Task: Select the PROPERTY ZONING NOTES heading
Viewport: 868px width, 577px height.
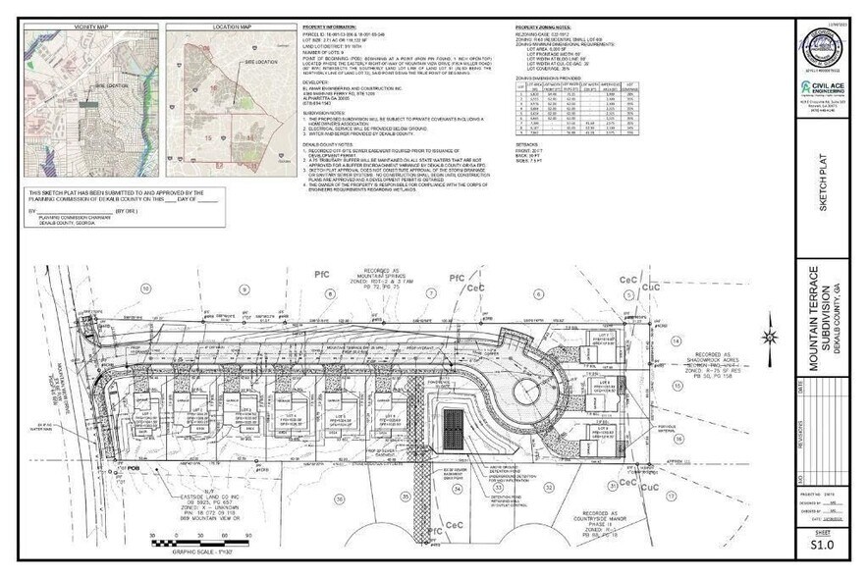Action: tap(542, 28)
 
